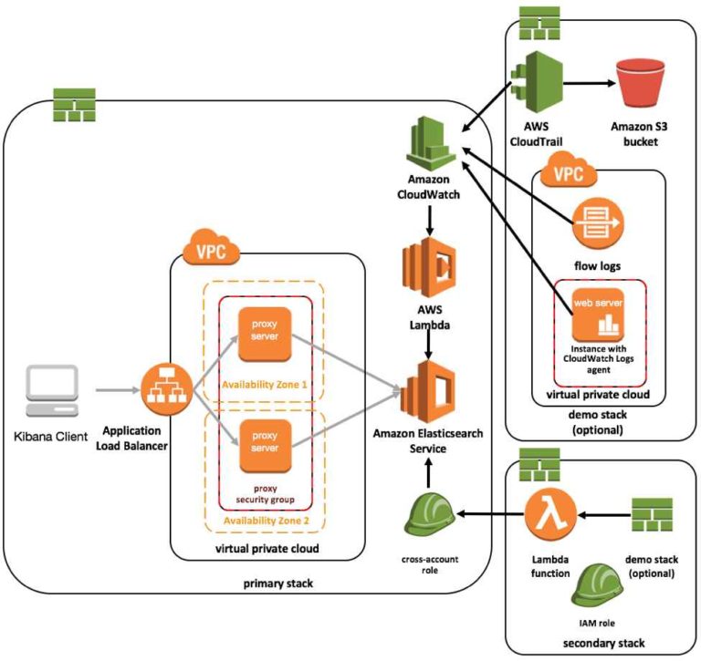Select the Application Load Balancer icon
point(165,389)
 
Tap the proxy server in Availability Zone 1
point(265,335)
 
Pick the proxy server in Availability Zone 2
point(265,444)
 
